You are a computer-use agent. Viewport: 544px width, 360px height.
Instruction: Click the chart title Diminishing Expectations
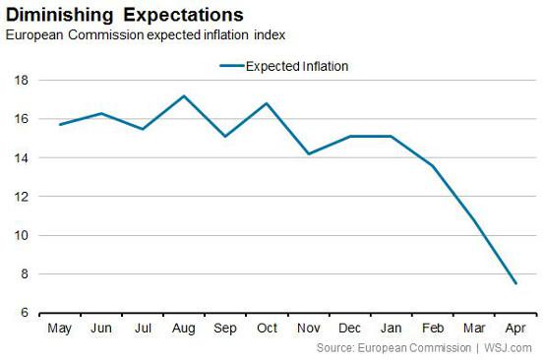[x=124, y=15]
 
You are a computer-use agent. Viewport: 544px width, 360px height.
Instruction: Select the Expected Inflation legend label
[x=295, y=67]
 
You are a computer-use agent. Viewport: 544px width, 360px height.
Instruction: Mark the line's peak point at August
[x=184, y=96]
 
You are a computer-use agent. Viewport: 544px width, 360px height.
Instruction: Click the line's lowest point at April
[x=514, y=283]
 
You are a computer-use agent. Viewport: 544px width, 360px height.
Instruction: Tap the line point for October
[x=267, y=103]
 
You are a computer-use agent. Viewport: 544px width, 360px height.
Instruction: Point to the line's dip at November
[x=308, y=154]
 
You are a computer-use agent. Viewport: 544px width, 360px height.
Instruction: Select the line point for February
[x=432, y=166]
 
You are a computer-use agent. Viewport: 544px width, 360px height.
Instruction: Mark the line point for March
[x=473, y=219]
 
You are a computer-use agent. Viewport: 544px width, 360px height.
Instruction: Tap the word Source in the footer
[x=335, y=348]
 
